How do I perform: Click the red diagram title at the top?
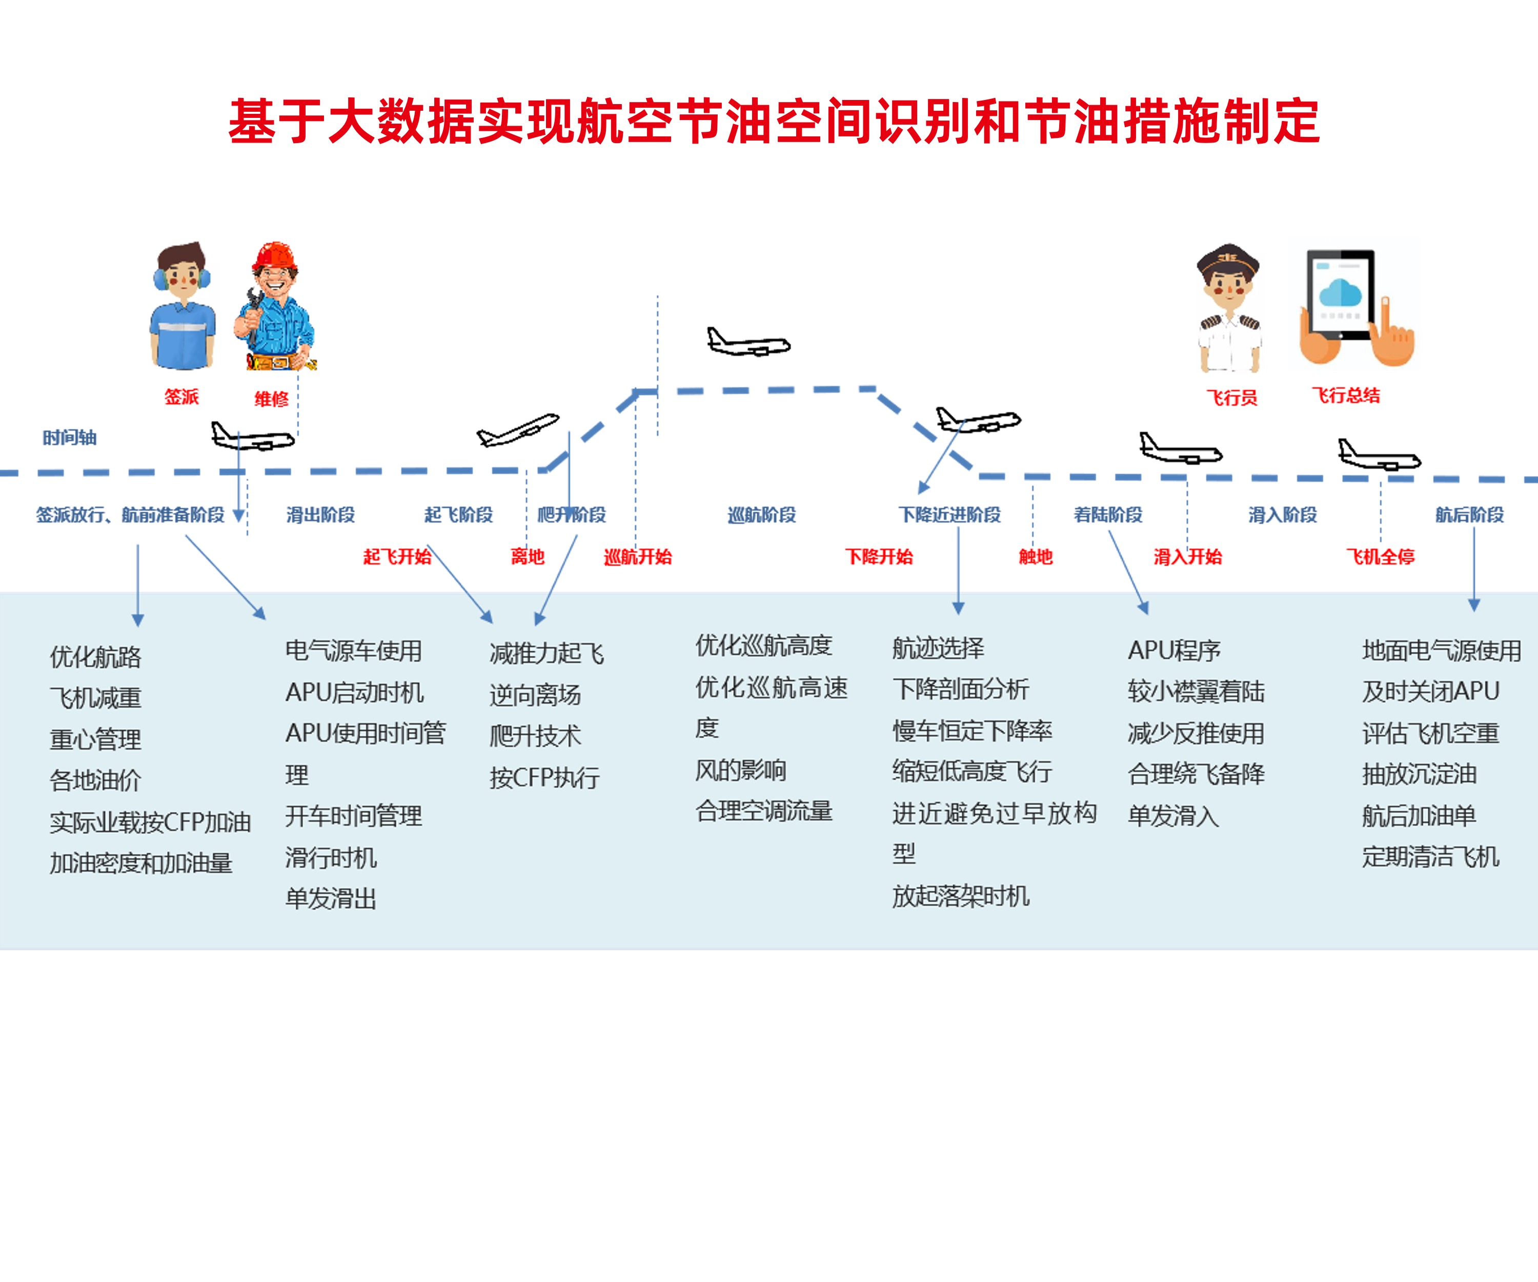(x=774, y=122)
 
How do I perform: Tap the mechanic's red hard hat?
(x=275, y=256)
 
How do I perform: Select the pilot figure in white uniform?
(x=1229, y=308)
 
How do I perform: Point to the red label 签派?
(x=181, y=397)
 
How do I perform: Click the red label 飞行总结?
(x=1345, y=395)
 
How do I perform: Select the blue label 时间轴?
(x=70, y=438)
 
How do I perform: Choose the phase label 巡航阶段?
(x=762, y=515)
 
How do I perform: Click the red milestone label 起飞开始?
(x=397, y=557)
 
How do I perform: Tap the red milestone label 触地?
(x=1036, y=557)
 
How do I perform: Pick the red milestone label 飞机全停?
(x=1380, y=557)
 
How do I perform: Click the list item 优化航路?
(x=95, y=657)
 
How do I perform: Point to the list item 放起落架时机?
(x=961, y=896)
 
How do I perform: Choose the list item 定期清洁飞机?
(x=1430, y=856)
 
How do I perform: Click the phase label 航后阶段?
(x=1469, y=515)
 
